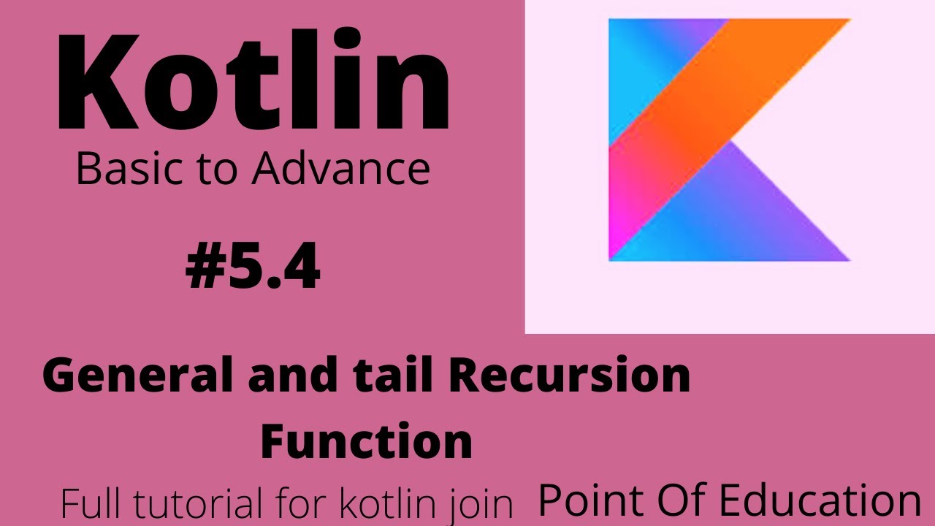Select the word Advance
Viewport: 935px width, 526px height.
[341, 169]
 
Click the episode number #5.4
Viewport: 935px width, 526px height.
[253, 268]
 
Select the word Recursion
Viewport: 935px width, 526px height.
[570, 377]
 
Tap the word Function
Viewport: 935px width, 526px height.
[366, 442]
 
